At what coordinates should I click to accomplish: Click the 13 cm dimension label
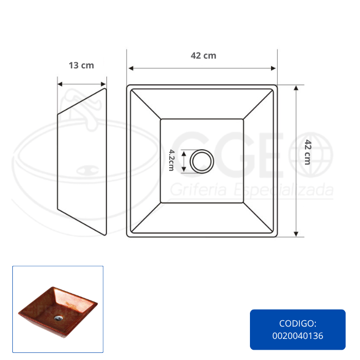coord(81,65)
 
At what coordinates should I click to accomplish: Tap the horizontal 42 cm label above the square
coord(204,56)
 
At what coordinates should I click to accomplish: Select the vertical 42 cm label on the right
coord(308,152)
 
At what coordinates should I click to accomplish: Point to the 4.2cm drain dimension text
coord(171,160)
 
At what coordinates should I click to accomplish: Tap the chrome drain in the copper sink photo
coord(59,318)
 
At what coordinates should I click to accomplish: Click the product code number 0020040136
coord(298,336)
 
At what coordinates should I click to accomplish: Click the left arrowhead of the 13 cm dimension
coord(60,84)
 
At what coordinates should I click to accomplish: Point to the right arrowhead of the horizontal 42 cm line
coord(273,68)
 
